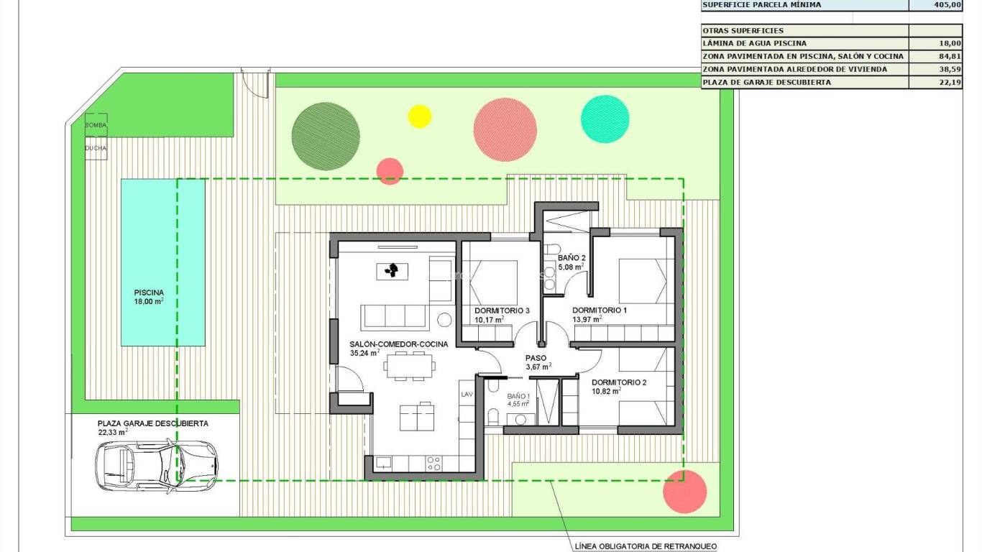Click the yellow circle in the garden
(419, 116)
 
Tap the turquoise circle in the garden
(605, 119)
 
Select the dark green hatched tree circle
(326, 136)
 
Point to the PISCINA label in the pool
(149, 293)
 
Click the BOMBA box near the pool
(96, 125)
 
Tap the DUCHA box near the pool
(96, 148)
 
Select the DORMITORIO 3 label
(502, 310)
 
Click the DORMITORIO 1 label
(600, 310)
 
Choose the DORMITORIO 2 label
(619, 382)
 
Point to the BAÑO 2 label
(572, 258)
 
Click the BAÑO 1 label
(518, 396)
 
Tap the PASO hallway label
(536, 358)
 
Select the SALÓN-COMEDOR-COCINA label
(398, 344)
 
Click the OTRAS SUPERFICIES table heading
(743, 30)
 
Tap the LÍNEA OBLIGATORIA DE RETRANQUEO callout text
(646, 546)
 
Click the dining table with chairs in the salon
(410, 367)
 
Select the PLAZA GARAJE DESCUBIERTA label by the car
(153, 423)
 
